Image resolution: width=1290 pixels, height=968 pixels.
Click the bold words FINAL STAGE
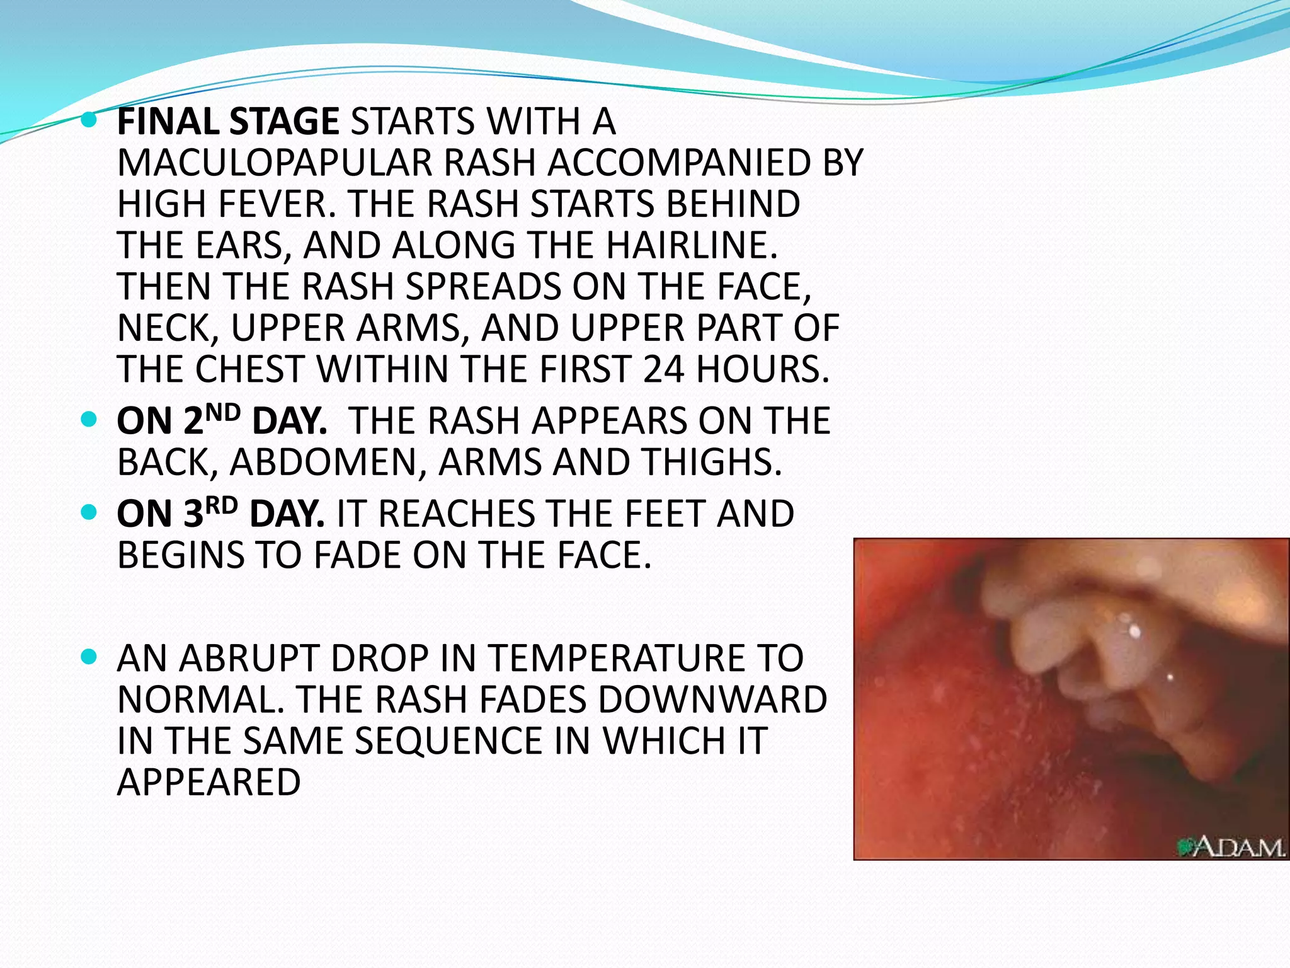tap(228, 122)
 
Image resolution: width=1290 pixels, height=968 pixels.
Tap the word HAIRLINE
tap(691, 246)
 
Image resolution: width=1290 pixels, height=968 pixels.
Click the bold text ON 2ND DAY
tap(222, 421)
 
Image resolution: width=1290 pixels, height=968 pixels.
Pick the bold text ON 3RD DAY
tap(220, 514)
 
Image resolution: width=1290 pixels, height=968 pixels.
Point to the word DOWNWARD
tap(712, 700)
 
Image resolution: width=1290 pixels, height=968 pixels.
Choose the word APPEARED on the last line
tap(208, 783)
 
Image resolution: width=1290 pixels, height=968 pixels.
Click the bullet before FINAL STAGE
tap(89, 119)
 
